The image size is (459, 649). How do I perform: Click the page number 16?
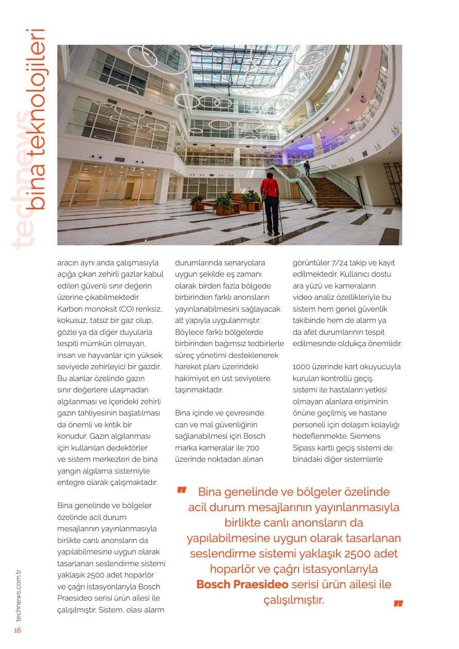[17, 630]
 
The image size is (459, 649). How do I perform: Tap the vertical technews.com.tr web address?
[18, 597]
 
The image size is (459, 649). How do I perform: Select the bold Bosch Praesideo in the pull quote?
[242, 585]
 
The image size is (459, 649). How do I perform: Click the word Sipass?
[306, 447]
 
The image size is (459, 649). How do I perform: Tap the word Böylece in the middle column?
[190, 332]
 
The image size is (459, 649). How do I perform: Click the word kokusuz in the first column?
[73, 320]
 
